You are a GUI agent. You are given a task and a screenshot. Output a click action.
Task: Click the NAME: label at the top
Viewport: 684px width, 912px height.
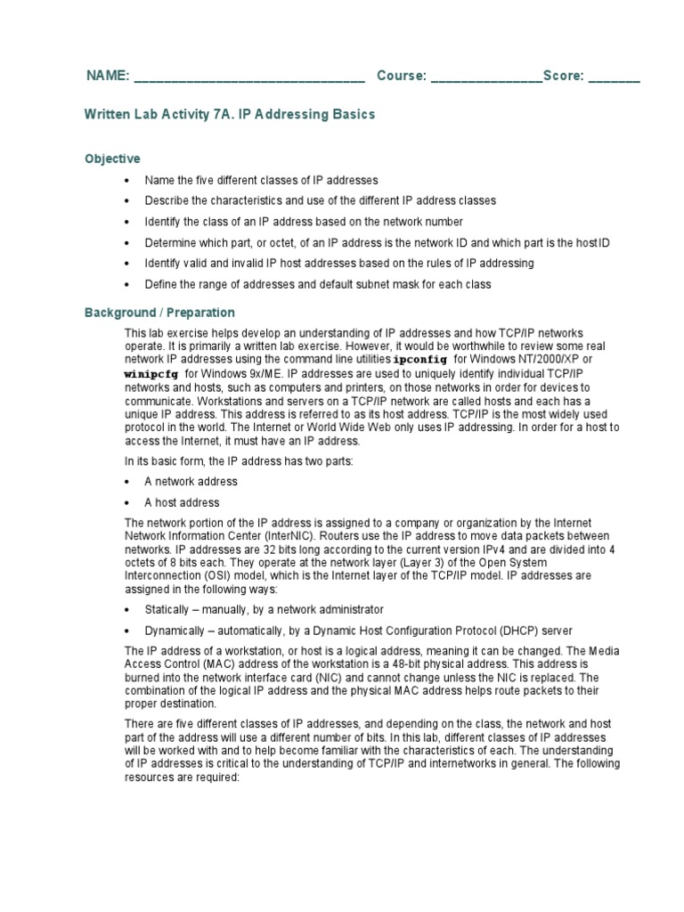click(x=108, y=76)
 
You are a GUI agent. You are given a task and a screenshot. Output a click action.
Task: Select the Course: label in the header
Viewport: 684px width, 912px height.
click(x=401, y=76)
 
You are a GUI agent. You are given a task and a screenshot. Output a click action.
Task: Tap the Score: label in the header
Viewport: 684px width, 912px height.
click(x=563, y=76)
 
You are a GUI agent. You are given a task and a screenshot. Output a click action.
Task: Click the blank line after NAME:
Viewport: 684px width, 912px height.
click(x=249, y=78)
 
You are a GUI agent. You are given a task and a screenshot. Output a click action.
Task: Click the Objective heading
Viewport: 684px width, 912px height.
click(x=112, y=159)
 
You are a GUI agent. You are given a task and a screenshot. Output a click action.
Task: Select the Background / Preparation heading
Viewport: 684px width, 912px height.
click(x=159, y=313)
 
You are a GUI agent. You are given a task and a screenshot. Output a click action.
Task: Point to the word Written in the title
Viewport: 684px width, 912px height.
click(x=107, y=114)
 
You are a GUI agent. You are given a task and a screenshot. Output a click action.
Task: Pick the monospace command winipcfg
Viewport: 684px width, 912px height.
click(x=151, y=375)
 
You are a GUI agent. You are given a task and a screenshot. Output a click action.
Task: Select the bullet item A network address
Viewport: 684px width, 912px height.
click(x=191, y=481)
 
